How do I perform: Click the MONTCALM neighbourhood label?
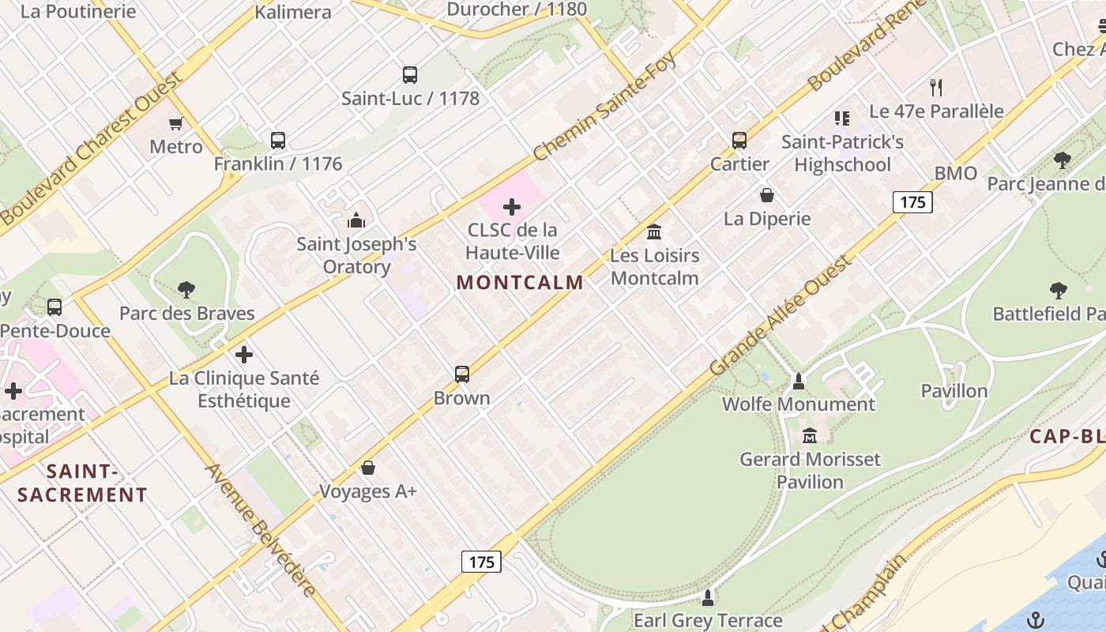(x=520, y=282)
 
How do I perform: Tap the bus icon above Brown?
(x=462, y=374)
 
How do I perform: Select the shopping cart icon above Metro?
(x=176, y=123)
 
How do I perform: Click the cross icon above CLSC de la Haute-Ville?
(x=512, y=208)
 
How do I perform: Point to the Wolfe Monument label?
(x=798, y=404)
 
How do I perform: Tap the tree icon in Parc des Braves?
(x=186, y=290)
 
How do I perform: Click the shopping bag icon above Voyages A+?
(x=368, y=468)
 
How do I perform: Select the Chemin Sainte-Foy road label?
(x=604, y=106)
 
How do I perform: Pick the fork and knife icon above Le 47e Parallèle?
(x=936, y=87)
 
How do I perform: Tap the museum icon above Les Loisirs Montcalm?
(x=654, y=232)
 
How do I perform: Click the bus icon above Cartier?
(x=739, y=141)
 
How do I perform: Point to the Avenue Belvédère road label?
(x=261, y=529)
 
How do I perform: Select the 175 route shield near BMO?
(x=912, y=202)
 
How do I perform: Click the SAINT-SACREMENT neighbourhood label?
(x=82, y=483)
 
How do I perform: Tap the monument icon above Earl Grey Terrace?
(x=708, y=597)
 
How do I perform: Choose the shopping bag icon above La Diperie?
(x=766, y=194)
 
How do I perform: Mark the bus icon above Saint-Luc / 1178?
(x=410, y=75)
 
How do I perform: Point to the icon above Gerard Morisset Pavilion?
(x=810, y=435)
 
